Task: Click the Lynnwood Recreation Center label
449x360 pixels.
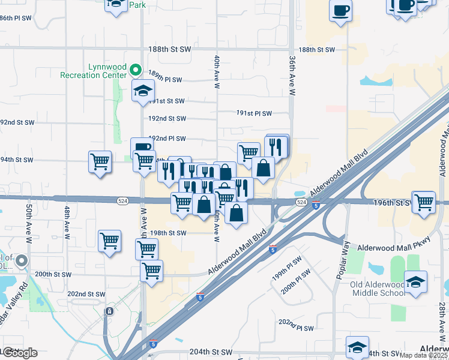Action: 93,70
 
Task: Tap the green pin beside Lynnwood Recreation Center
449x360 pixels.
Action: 136,70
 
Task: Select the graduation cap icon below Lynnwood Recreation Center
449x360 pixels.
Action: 143,91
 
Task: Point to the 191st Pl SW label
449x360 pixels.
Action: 254,113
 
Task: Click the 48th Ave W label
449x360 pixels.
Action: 67,220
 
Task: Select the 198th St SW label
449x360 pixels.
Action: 169,233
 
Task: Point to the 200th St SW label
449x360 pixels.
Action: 53,274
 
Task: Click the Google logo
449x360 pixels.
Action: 19,353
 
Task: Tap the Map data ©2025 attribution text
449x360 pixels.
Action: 423,355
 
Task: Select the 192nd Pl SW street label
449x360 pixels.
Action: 167,138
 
